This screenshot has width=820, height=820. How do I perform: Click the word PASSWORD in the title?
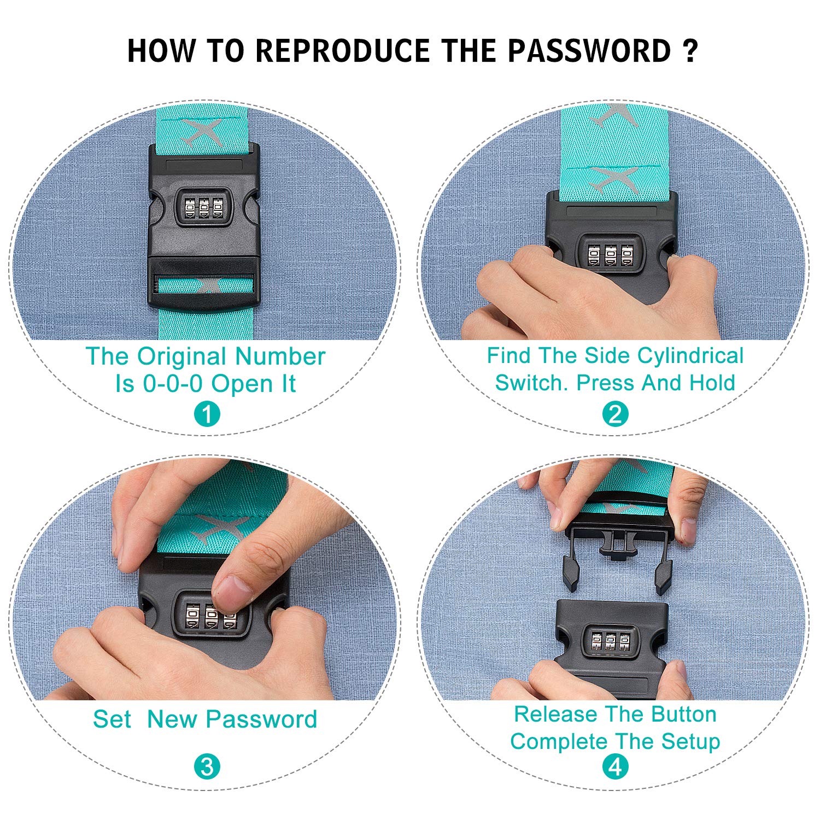click(589, 51)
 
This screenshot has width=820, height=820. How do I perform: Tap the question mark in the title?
click(690, 51)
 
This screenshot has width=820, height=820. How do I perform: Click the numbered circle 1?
click(207, 415)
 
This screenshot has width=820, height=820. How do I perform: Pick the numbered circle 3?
click(207, 767)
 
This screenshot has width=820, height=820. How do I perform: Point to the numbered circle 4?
click(616, 767)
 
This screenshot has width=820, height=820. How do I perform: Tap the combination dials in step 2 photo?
click(611, 255)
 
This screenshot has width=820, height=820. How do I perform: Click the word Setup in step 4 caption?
click(691, 742)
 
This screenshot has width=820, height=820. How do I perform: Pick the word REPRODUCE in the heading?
click(343, 51)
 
